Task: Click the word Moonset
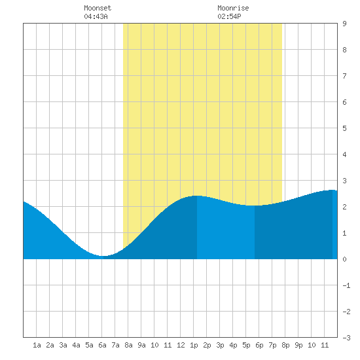[x=98, y=8]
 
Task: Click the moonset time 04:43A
[x=96, y=16]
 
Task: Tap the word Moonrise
[x=233, y=8]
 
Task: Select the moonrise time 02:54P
[x=229, y=16]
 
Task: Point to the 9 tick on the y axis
[x=344, y=24]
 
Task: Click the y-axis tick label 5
[x=344, y=128]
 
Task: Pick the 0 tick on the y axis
[x=344, y=259]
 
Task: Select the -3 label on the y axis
[x=346, y=338]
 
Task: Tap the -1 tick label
[x=346, y=285]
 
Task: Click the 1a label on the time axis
[x=37, y=345]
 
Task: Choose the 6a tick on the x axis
[x=102, y=345]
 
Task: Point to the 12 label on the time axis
[x=181, y=345]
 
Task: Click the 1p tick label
[x=194, y=345]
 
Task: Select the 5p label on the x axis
[x=246, y=345]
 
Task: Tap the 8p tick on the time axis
[x=285, y=345]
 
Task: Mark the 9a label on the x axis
[x=141, y=345]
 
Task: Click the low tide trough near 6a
[x=103, y=256]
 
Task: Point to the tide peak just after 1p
[x=197, y=196]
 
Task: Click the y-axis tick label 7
[x=344, y=76]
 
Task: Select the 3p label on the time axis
[x=220, y=345]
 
